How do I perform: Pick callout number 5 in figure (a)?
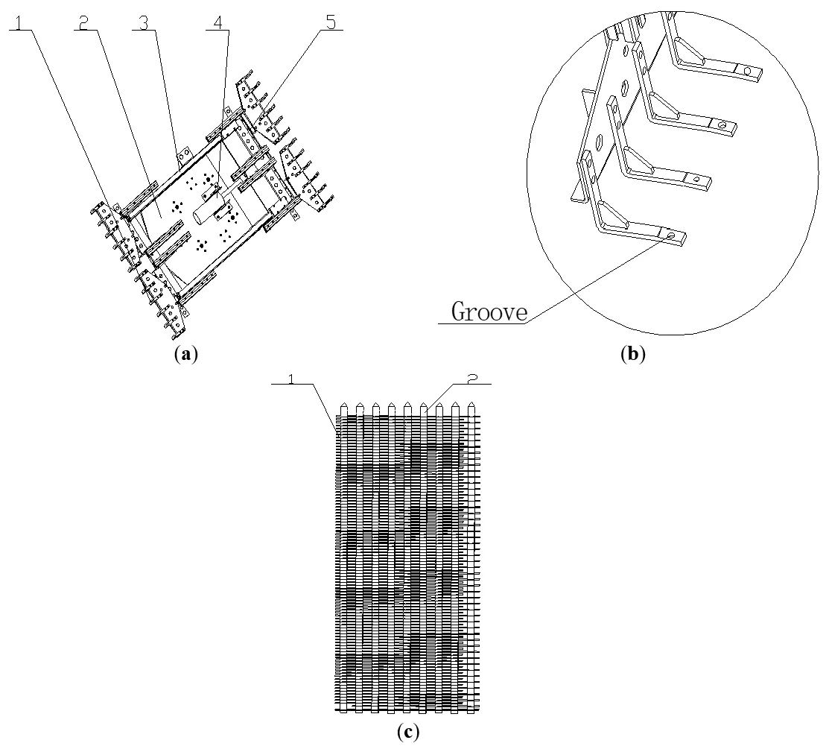pos(333,22)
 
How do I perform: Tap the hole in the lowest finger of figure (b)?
pos(672,235)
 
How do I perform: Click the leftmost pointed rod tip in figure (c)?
pos(343,405)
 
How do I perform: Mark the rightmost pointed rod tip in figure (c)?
pos(472,405)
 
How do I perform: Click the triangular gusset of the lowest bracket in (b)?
pos(613,212)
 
